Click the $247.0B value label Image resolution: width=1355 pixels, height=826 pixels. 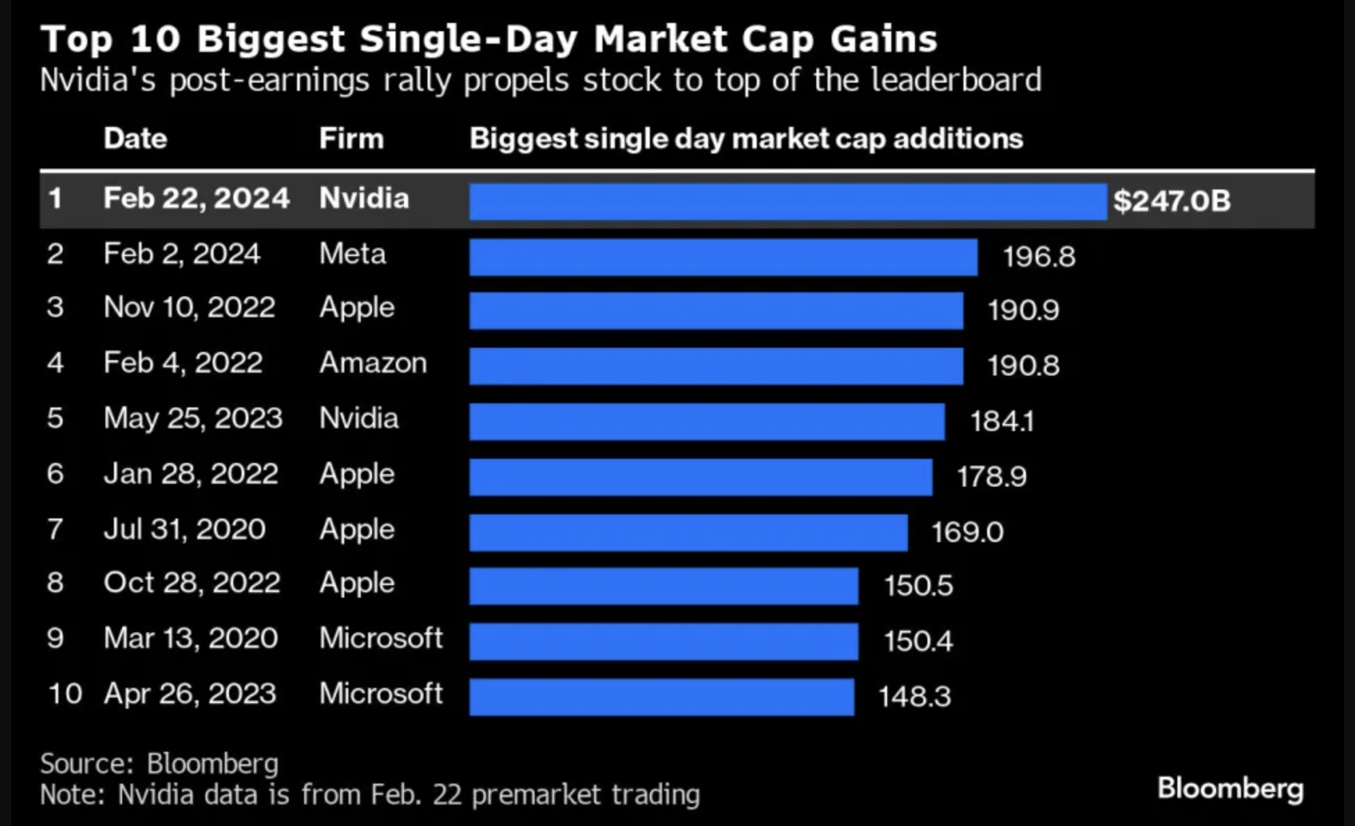(1171, 201)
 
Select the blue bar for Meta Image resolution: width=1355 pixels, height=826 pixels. (723, 257)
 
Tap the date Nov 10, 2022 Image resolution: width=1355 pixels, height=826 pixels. (189, 307)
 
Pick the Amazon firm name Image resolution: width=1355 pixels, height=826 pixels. (373, 363)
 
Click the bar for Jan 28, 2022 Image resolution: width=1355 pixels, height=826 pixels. (700, 477)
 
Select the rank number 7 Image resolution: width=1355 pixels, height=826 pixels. (56, 530)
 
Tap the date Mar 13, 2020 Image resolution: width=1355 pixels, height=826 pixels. (190, 638)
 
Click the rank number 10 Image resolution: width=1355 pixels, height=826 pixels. (65, 693)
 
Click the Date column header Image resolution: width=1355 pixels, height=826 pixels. (135, 139)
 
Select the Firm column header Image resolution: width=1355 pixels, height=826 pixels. (351, 139)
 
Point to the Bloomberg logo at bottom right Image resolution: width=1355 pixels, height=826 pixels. (1230, 789)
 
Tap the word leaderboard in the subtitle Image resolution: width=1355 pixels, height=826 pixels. (956, 80)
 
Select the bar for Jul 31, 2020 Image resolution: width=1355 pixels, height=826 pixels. (688, 532)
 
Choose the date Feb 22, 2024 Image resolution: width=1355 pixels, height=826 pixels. (196, 199)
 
